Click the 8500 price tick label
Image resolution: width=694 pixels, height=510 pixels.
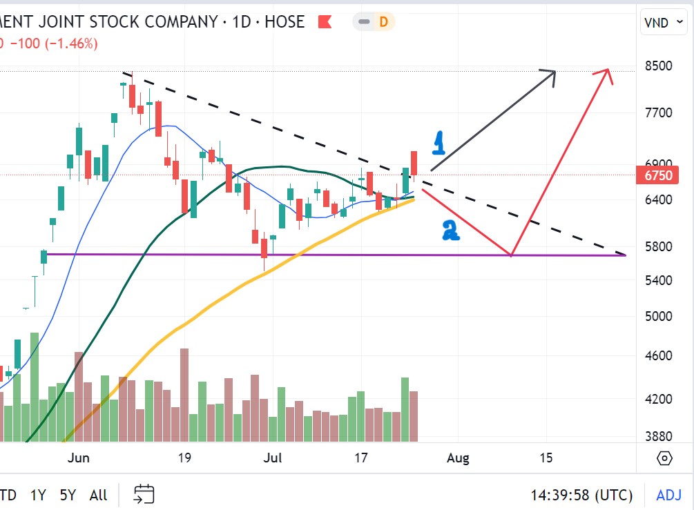click(x=657, y=66)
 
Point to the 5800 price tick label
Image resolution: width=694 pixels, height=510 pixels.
click(x=657, y=246)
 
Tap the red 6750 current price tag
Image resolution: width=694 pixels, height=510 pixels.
click(x=657, y=175)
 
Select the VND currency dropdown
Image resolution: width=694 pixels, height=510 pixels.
click(x=662, y=23)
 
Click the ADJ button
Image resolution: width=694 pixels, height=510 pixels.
click(x=668, y=495)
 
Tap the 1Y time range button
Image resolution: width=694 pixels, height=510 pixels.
click(x=38, y=495)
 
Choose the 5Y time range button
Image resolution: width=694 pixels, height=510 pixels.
click(x=68, y=495)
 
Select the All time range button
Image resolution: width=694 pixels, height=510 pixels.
click(x=98, y=495)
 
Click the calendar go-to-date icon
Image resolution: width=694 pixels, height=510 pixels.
click(x=144, y=494)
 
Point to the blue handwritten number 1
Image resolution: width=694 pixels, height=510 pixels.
click(x=438, y=143)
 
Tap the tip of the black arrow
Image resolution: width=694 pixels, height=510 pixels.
click(x=555, y=70)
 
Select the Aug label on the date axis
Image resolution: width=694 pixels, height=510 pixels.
click(x=458, y=458)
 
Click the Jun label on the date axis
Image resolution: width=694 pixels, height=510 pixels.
click(x=79, y=458)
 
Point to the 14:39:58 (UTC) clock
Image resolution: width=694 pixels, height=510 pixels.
click(x=581, y=495)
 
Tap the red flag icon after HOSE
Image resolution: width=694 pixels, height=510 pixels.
click(x=325, y=22)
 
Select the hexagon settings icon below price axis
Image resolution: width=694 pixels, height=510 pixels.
click(x=664, y=458)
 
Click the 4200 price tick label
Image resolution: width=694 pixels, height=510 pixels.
click(x=657, y=399)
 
